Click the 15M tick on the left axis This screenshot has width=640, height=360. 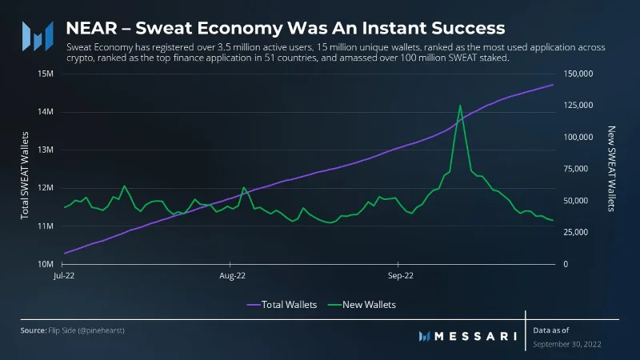46,74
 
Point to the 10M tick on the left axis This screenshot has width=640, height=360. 46,264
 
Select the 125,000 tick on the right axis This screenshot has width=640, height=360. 578,106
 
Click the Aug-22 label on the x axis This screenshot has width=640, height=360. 232,275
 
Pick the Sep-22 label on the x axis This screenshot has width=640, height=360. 401,275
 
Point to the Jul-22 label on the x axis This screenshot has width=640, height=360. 64,275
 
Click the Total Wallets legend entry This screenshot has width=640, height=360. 282,305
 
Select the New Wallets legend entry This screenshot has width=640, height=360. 362,305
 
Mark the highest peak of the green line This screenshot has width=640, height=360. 460,106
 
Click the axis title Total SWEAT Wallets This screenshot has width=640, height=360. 25,175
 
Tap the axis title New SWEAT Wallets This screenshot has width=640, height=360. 611,169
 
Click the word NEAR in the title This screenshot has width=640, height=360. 91,28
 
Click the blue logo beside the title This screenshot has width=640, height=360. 38,36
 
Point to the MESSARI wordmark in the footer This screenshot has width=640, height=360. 468,336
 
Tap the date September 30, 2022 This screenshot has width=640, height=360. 567,344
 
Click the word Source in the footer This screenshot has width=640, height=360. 33,330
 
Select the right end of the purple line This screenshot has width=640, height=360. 553,85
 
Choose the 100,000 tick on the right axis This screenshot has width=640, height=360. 578,137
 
